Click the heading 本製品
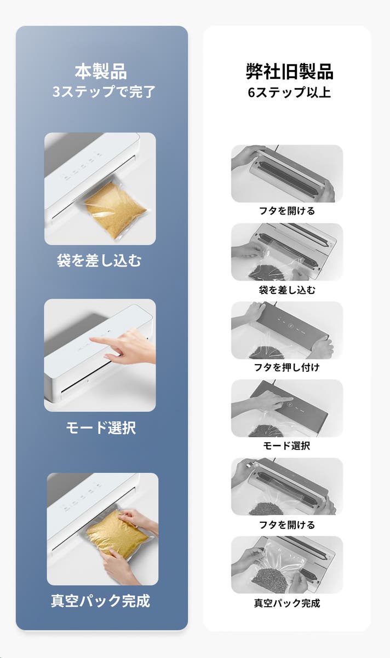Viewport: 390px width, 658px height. (101, 71)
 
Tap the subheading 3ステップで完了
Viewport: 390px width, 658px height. (104, 91)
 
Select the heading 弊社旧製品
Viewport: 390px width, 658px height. (290, 71)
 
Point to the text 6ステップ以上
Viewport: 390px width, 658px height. (289, 92)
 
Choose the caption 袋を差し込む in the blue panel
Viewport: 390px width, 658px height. (99, 260)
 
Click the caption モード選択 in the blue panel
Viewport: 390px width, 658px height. (100, 428)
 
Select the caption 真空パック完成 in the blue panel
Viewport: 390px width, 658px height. (100, 601)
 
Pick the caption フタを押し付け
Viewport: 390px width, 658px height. (286, 367)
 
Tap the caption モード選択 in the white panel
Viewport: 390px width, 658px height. (286, 445)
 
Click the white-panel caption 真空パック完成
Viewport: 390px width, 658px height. (287, 603)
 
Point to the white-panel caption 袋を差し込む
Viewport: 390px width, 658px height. (287, 290)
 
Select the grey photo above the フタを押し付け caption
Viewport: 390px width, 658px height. (287, 330)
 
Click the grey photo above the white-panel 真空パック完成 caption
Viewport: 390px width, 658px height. (287, 565)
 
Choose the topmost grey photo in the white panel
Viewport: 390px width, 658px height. (287, 174)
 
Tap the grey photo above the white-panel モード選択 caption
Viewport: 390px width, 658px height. (287, 408)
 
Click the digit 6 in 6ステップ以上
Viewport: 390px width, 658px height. (251, 93)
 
